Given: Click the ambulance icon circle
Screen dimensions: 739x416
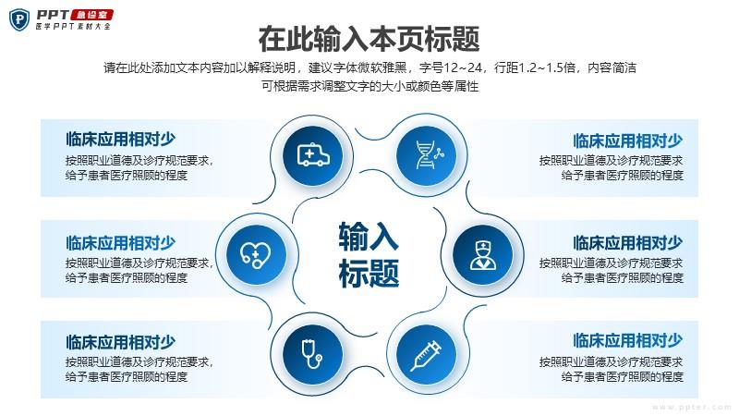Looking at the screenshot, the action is point(313,154).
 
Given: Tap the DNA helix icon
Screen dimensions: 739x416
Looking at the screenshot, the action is point(427,154).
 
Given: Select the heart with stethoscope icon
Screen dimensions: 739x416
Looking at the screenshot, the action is point(256,255).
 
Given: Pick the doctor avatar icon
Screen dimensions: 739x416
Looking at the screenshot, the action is point(482,255).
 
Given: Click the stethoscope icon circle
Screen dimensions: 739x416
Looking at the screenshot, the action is point(313,354).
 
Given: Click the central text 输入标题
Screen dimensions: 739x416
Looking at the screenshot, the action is point(369,255).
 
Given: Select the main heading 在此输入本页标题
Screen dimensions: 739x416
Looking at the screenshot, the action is point(369,39).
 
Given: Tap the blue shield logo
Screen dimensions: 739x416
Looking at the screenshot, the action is point(19,19).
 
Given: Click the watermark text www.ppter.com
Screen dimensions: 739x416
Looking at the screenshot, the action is point(691,407).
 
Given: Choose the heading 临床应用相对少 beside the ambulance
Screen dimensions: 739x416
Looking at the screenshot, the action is point(121,140).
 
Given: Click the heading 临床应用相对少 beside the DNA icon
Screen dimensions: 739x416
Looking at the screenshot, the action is point(628,141).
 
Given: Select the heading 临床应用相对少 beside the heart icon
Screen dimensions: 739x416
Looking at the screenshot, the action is point(121,243).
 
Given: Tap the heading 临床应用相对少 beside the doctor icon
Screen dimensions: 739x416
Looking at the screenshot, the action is point(628,243).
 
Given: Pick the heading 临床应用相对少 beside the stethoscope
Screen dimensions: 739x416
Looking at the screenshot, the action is point(121,342).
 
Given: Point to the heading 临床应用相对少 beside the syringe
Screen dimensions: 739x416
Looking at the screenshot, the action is point(628,340).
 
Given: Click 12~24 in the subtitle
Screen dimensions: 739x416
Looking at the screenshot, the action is point(463,67).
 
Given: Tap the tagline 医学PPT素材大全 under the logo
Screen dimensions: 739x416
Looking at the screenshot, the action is point(74,26).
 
